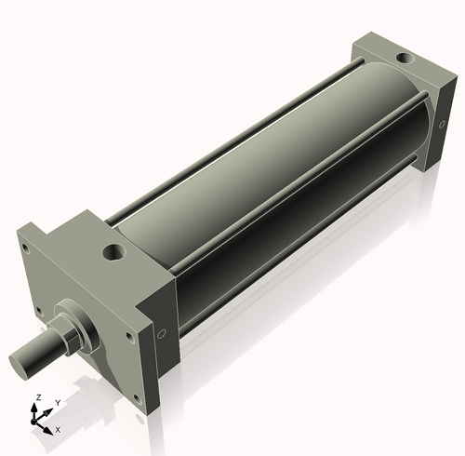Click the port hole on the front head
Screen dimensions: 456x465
tap(113, 251)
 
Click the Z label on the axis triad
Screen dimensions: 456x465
tap(37, 397)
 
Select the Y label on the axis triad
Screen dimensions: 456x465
tap(57, 403)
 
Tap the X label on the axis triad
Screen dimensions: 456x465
tap(58, 429)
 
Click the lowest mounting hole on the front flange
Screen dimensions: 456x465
tap(138, 397)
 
